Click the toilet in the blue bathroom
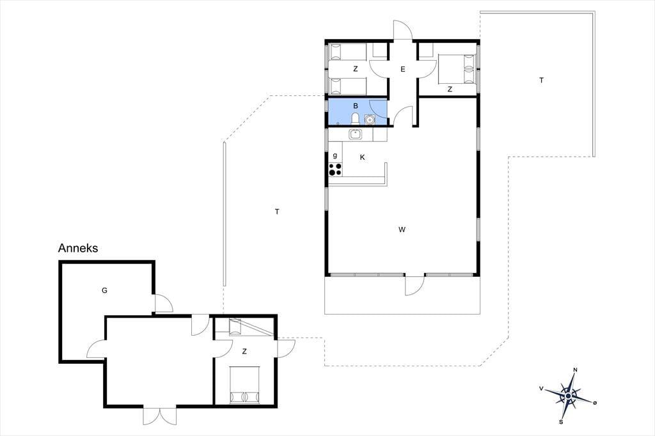(x=356, y=119)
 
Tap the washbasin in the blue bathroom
(x=369, y=120)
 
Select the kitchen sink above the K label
(x=356, y=134)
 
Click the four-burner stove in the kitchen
(x=335, y=169)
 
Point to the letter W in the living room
(x=402, y=230)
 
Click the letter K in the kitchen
(x=362, y=157)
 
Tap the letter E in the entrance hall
(x=403, y=69)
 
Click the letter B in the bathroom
(x=356, y=106)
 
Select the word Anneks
(x=78, y=248)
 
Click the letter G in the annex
(x=104, y=290)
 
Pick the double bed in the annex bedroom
(x=245, y=385)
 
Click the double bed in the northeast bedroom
(x=457, y=69)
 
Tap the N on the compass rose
(x=575, y=370)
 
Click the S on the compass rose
(x=561, y=422)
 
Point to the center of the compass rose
(x=568, y=396)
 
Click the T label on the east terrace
(x=541, y=80)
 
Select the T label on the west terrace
(x=277, y=212)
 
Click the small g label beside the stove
(x=335, y=156)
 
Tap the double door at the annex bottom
(x=160, y=416)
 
